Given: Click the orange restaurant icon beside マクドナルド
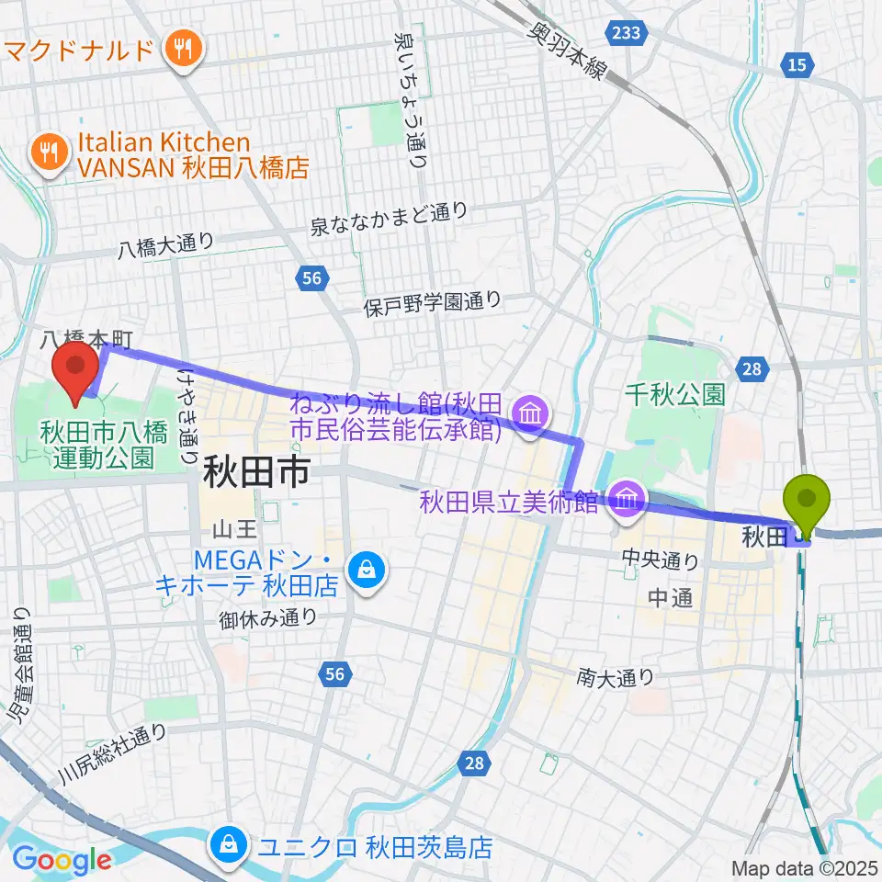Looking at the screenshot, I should coord(178,48).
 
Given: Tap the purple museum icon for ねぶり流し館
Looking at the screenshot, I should coord(530,415).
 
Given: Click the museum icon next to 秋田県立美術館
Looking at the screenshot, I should coord(627,501).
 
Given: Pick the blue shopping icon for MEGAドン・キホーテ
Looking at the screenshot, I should coord(367,571).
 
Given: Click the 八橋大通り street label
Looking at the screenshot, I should coord(166,245).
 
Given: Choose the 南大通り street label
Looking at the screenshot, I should coord(616,678).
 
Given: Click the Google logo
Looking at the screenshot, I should coord(62,860).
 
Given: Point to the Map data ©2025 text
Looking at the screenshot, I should coord(804,868).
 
